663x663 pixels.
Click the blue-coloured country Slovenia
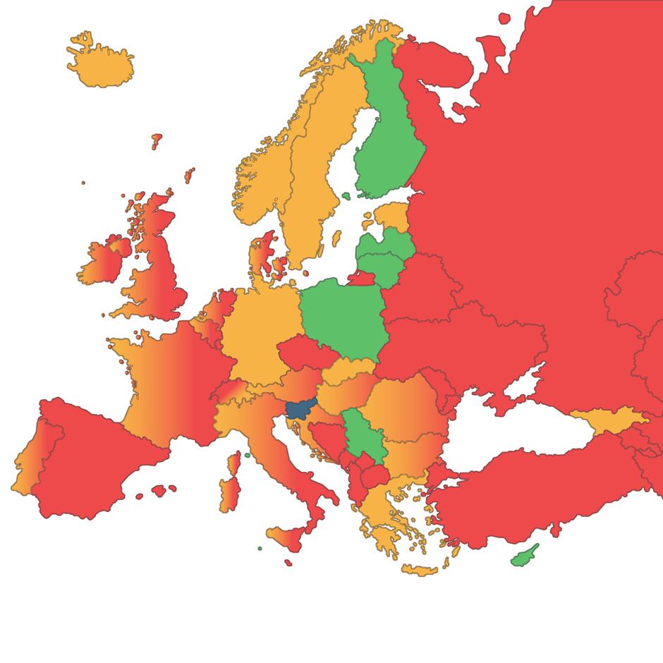pos(299,410)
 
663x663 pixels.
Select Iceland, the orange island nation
pos(101,63)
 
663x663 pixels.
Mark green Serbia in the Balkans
pos(360,437)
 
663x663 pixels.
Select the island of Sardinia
pos(229,493)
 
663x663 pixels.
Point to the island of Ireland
pos(104,260)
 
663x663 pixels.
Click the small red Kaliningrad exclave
pos(360,278)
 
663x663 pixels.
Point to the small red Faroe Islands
pos(156,140)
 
